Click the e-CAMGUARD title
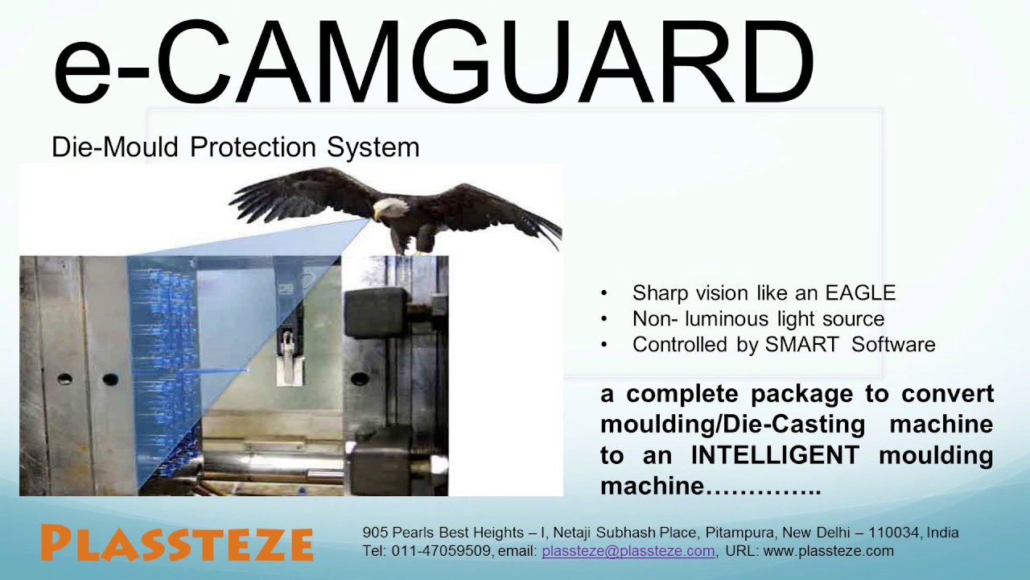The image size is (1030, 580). [x=433, y=63]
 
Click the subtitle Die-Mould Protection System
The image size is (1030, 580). [x=235, y=147]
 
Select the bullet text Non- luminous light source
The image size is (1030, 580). [x=758, y=318]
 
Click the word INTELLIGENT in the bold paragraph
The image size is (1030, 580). [x=776, y=455]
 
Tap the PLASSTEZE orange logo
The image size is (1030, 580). [x=176, y=543]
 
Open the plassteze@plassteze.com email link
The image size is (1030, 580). [x=628, y=551]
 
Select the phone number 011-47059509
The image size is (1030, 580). [x=441, y=551]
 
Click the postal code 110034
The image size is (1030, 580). [x=894, y=532]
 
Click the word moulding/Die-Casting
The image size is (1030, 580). [x=732, y=425]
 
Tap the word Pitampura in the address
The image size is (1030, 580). [x=741, y=532]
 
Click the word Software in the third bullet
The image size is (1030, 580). [x=893, y=345]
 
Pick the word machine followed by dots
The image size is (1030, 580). [x=652, y=487]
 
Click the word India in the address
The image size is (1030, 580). [x=942, y=532]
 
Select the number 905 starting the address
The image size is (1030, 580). [x=374, y=532]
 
